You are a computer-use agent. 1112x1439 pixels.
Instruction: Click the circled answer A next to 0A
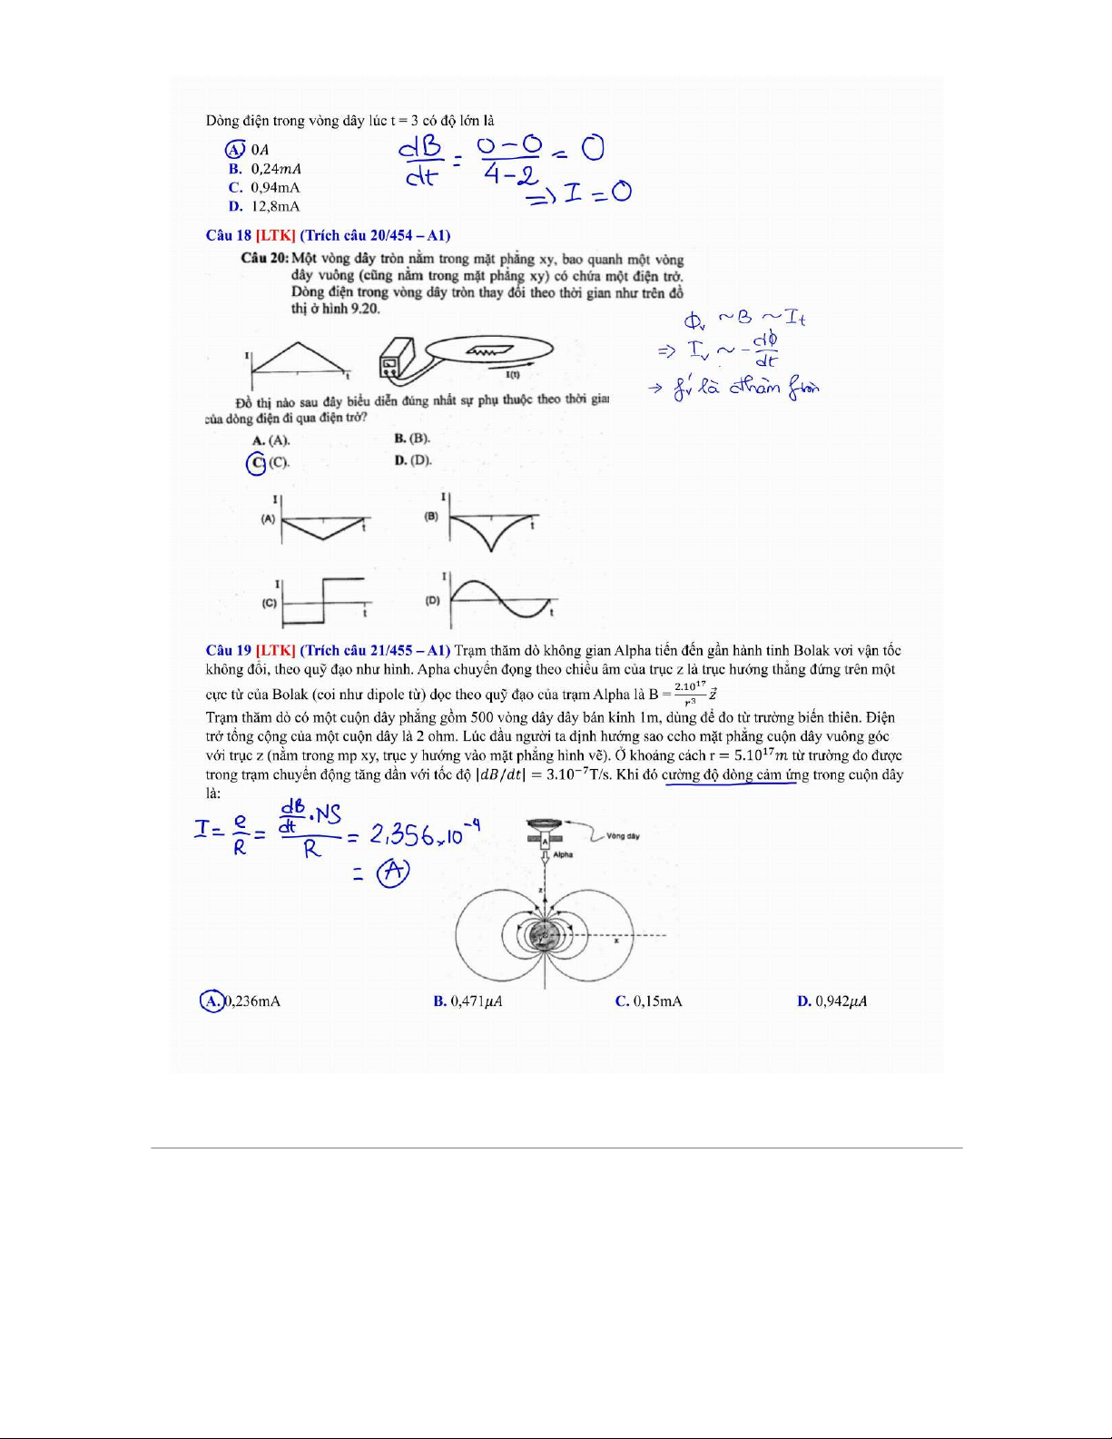click(234, 149)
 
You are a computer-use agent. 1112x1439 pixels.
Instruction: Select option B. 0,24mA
click(265, 169)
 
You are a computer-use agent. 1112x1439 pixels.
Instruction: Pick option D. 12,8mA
click(264, 206)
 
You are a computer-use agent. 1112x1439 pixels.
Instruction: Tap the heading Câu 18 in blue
click(229, 235)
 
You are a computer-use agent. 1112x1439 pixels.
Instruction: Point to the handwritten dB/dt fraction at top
click(422, 161)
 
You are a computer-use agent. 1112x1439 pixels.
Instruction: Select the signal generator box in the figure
click(397, 359)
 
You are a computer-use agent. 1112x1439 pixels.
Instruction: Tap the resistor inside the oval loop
click(489, 349)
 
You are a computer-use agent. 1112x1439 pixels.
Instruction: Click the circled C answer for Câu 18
click(257, 463)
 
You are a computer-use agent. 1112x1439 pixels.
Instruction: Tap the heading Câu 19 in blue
click(229, 650)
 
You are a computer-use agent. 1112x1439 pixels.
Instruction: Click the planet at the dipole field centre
click(545, 934)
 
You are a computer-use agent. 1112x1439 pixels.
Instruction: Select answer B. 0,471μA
click(468, 1001)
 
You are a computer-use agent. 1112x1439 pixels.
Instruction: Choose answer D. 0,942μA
click(832, 1001)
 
